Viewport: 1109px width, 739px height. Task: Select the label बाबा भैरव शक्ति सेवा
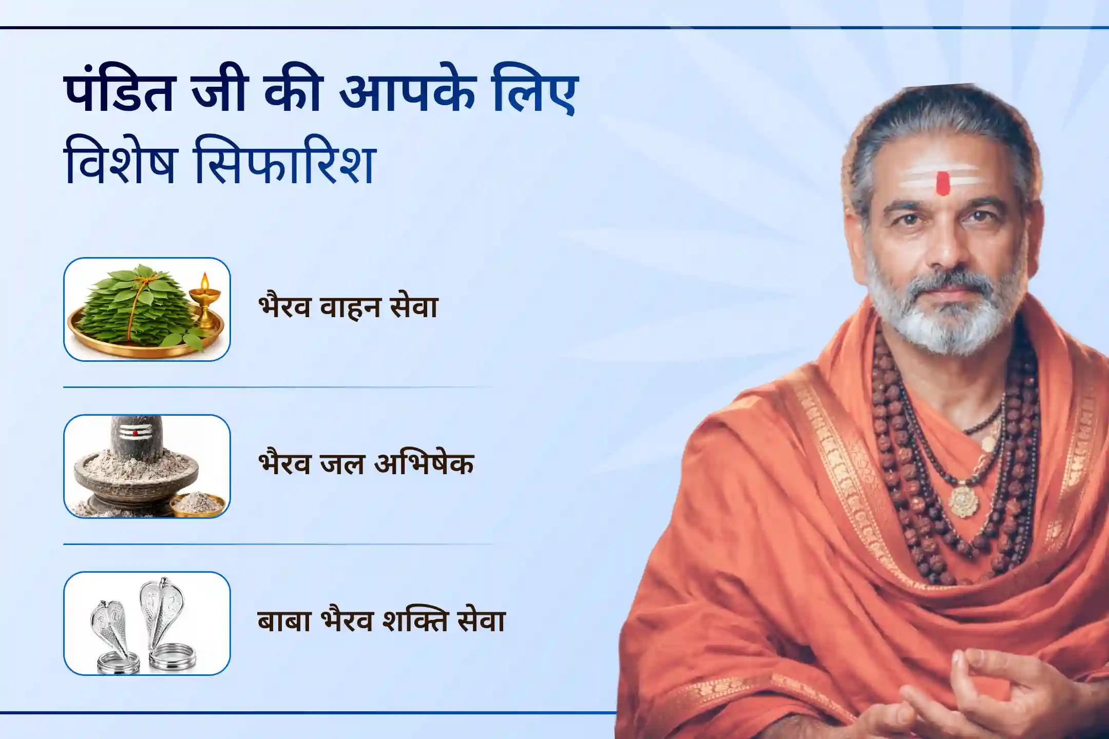click(381, 621)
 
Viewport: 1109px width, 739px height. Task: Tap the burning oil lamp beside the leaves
click(205, 303)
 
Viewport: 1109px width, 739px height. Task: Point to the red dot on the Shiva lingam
click(135, 433)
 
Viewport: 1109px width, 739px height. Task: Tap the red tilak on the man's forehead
click(942, 183)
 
